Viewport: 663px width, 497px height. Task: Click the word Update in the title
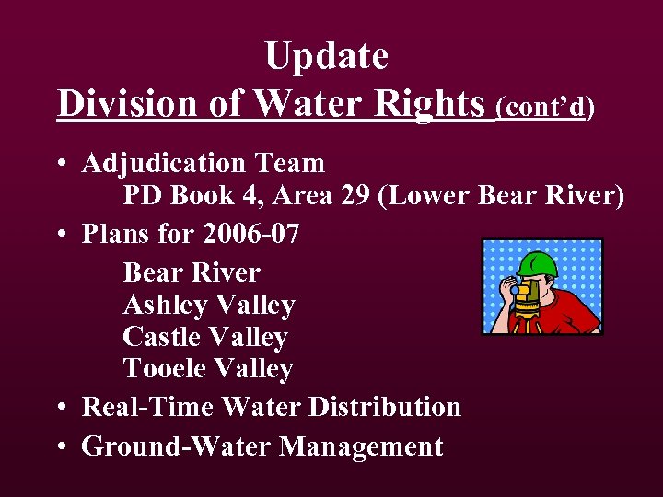point(326,57)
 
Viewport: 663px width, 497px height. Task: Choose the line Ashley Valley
point(209,305)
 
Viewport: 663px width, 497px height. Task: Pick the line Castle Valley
point(205,337)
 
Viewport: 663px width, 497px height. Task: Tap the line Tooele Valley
point(208,369)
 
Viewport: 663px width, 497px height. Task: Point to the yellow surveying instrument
point(526,295)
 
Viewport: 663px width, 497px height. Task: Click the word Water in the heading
point(305,104)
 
